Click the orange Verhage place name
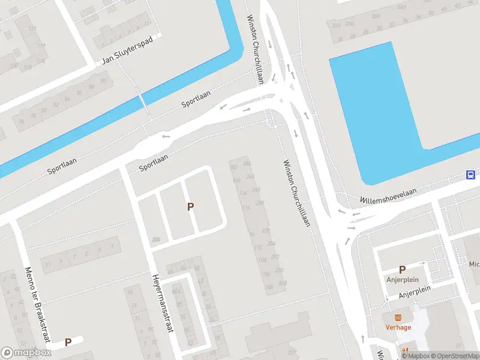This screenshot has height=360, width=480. pos(398,327)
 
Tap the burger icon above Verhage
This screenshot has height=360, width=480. pos(398,317)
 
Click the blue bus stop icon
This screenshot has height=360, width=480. pos(472,175)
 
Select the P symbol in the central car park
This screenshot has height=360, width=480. pos(191,207)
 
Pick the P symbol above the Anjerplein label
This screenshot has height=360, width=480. pos(402,270)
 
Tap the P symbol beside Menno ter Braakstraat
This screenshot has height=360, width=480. pos(68,342)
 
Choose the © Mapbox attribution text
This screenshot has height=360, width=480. pos(416,356)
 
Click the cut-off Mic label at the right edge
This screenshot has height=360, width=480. pos(474,264)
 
